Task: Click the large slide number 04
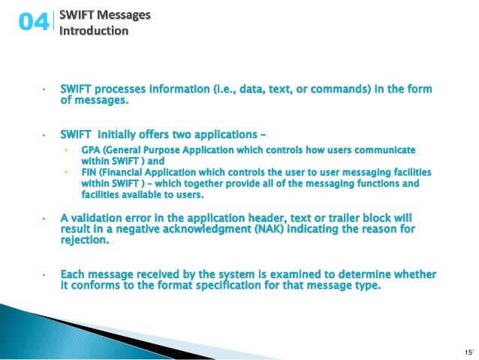coord(33,23)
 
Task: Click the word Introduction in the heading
coord(94,31)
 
